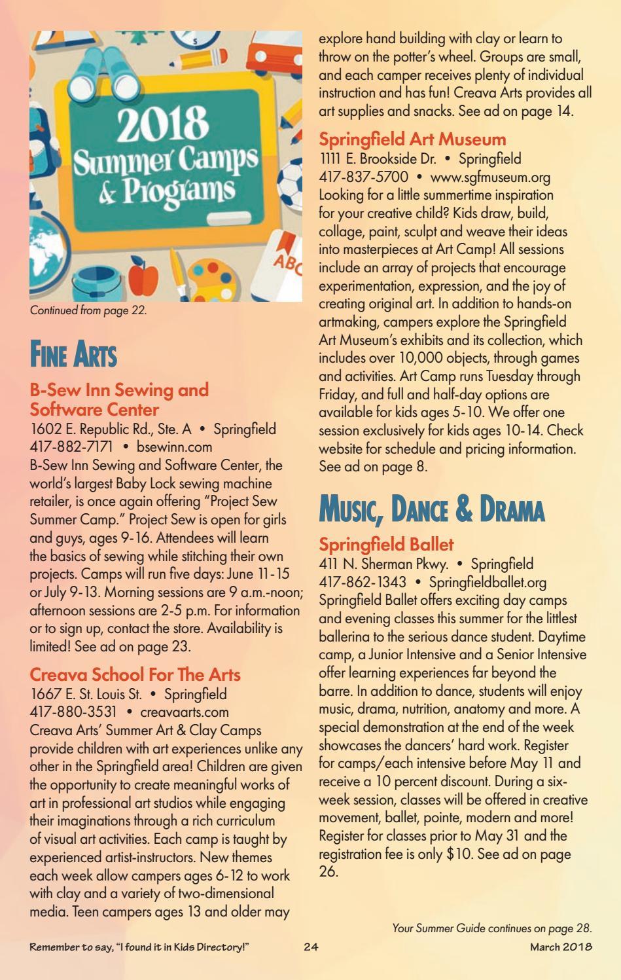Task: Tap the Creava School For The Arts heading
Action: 135,675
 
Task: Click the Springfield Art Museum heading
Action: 412,139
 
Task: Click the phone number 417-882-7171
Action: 71,447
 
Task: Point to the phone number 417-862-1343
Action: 362,582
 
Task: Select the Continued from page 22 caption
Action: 88,311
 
